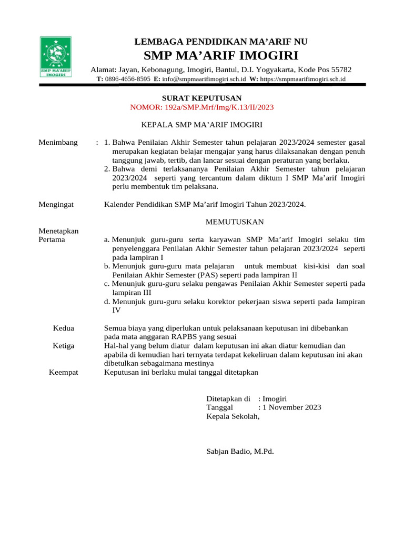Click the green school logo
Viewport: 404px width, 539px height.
56,57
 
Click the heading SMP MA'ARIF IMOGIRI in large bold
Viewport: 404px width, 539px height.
221,56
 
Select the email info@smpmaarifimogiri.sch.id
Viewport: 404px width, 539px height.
204,78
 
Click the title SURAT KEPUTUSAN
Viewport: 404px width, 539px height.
201,98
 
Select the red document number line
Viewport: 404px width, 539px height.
201,107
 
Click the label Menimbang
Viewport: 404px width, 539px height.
58,142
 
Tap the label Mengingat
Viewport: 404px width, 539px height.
56,204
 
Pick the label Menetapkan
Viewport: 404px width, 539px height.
58,231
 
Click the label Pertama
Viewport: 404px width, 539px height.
52,239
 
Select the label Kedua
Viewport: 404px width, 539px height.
64,328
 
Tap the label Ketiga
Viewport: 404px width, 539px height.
64,346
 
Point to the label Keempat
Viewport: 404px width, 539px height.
64,372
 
